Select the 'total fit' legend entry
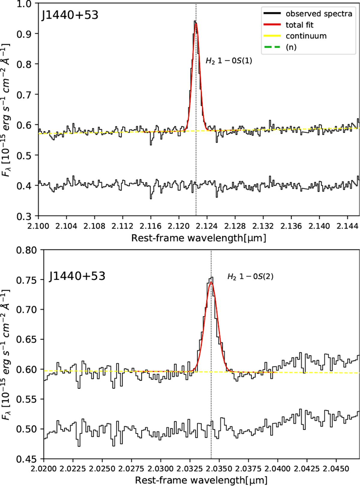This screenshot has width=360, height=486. click(299, 25)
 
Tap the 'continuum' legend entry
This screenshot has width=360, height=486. click(306, 36)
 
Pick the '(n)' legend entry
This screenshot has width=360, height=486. click(291, 47)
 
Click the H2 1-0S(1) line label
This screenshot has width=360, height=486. click(229, 61)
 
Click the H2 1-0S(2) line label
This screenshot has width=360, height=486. click(250, 276)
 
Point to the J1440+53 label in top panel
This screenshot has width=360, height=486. click(70, 15)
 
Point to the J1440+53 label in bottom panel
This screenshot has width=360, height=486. click(77, 276)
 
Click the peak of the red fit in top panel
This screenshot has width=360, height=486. click(196, 24)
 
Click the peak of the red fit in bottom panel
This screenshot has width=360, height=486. click(211, 282)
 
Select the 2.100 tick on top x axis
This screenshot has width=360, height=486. click(39, 225)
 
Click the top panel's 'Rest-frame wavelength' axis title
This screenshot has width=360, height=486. click(199, 238)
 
